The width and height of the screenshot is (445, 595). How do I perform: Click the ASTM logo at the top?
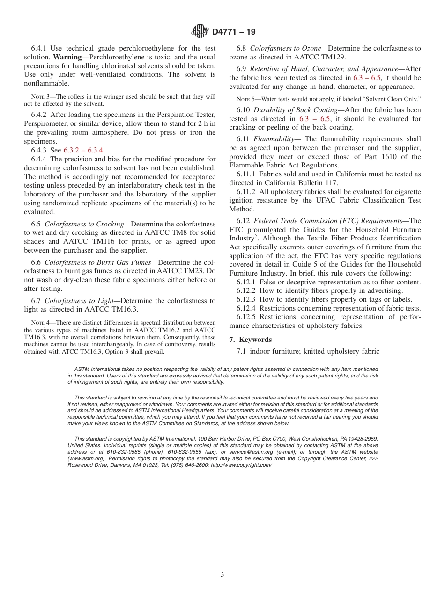click(200, 32)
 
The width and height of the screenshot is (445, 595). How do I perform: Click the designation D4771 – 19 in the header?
click(234, 32)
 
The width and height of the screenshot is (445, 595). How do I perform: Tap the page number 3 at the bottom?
click(222, 575)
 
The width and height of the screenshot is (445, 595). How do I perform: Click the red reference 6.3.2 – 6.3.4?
click(84, 150)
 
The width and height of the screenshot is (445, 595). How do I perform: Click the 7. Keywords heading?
click(250, 340)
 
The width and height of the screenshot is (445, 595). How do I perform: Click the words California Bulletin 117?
click(295, 183)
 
